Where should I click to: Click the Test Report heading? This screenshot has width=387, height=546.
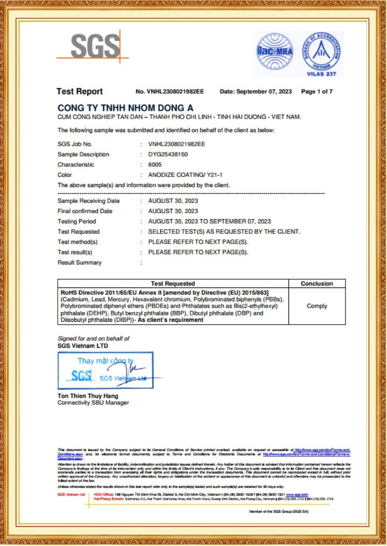pos(80,92)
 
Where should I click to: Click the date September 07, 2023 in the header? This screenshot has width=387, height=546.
pos(263,92)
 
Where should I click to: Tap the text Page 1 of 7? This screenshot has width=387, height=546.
pos(317,92)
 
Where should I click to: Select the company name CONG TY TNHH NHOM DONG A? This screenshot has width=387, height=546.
pos(125,108)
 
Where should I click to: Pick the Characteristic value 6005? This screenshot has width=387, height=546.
pos(155,165)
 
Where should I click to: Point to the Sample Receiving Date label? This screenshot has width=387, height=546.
pos(89,201)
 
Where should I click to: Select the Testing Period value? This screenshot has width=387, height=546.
pos(209,222)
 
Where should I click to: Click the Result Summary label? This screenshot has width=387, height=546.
pos(80,262)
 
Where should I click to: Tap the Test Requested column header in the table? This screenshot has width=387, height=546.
pos(173,284)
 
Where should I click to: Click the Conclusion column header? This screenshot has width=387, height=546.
pos(317,284)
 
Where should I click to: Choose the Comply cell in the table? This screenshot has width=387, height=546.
pos(317,306)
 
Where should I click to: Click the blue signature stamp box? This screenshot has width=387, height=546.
pos(105,371)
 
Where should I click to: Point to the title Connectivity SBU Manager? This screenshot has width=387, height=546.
pos(93,403)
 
